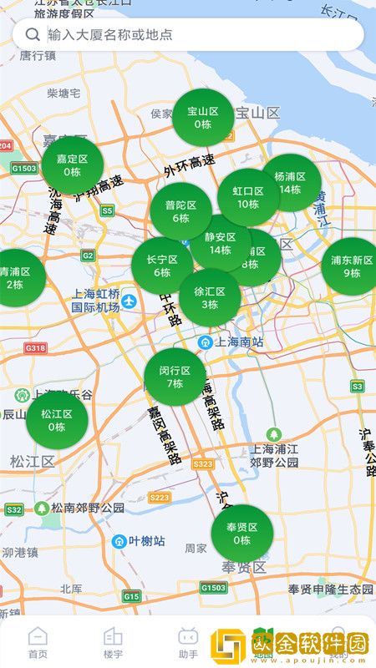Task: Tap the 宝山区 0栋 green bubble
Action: pyautogui.click(x=203, y=118)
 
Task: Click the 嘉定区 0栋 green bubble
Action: pyautogui.click(x=73, y=165)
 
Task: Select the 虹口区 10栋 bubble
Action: pyautogui.click(x=248, y=197)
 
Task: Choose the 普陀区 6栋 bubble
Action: pyautogui.click(x=180, y=211)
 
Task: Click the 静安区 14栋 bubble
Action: pyautogui.click(x=221, y=243)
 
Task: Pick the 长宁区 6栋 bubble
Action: pyautogui.click(x=162, y=266)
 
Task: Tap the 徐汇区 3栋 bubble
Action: pyautogui.click(x=210, y=298)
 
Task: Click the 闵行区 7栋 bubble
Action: pyautogui.click(x=175, y=377)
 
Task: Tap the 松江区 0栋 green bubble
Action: pyautogui.click(x=57, y=420)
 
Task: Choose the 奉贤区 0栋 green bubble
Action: pyautogui.click(x=242, y=533)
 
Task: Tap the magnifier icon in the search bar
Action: pyautogui.click(x=33, y=34)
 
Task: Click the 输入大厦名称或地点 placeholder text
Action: pyautogui.click(x=110, y=34)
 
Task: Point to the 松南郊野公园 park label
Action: pyautogui.click(x=80, y=507)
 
